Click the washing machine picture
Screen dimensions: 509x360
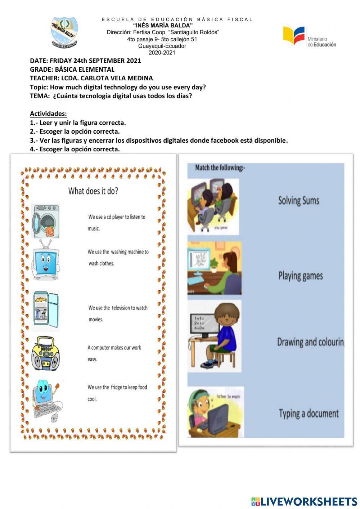[x=46, y=221]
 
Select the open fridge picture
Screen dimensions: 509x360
[x=46, y=310]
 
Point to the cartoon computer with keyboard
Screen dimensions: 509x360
[x=47, y=400]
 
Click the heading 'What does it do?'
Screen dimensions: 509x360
[x=93, y=191]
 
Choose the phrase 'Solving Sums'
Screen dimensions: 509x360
[x=298, y=201]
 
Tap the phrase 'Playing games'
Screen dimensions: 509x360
[x=300, y=276]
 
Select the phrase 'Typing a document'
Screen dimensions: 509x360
[x=309, y=413]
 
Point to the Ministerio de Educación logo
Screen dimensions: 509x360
[x=309, y=37]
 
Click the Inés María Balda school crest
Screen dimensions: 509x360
[x=64, y=33]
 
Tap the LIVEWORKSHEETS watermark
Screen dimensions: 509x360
[x=304, y=501]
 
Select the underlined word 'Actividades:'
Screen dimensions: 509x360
[x=48, y=114]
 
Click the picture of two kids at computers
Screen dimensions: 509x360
[x=213, y=207]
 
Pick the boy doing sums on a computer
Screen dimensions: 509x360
[x=215, y=335]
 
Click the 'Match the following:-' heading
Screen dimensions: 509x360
[x=220, y=168]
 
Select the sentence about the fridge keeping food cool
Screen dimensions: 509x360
[x=117, y=393]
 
